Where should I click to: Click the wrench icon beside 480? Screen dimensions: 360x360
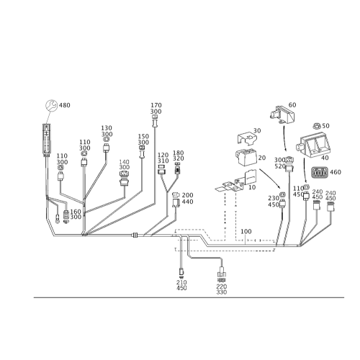(x=52, y=106)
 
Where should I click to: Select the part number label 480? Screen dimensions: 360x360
(x=65, y=105)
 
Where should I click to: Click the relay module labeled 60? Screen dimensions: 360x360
(x=282, y=114)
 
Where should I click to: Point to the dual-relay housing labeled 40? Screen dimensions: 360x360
(x=312, y=146)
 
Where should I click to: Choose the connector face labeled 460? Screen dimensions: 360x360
(x=320, y=173)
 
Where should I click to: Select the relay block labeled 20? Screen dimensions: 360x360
(x=247, y=156)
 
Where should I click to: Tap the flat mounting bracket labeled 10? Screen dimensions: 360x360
(x=235, y=182)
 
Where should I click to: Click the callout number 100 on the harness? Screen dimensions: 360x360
(x=246, y=232)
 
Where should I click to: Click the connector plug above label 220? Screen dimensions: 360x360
(x=221, y=274)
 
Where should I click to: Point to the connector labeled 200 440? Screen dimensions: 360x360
(x=176, y=199)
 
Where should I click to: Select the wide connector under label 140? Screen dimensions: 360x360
(x=125, y=179)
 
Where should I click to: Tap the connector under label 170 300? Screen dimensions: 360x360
(x=155, y=122)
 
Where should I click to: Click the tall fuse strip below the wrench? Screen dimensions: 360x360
(x=46, y=140)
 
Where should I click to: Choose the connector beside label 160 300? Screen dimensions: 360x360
(x=66, y=216)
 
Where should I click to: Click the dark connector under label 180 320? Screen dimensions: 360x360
(x=178, y=168)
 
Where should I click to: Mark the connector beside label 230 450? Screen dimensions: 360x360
(x=283, y=201)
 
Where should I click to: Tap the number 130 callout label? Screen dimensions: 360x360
(x=107, y=128)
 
